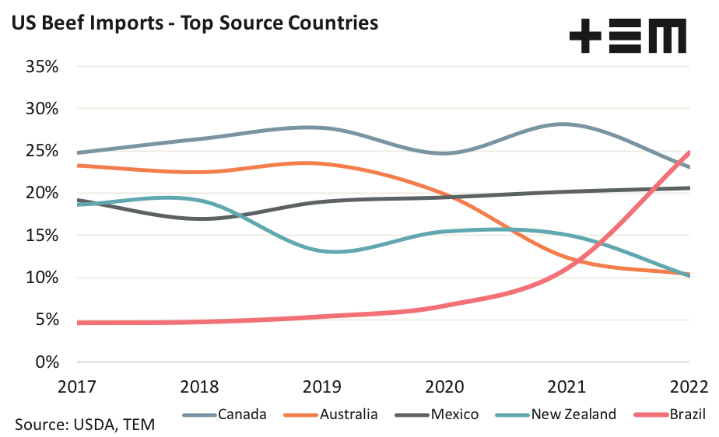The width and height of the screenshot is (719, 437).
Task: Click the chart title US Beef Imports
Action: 195,23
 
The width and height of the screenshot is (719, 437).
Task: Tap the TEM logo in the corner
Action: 627,37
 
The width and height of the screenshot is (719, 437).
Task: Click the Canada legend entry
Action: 242,414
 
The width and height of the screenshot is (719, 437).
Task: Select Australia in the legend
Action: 349,414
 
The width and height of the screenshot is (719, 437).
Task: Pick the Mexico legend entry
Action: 454,414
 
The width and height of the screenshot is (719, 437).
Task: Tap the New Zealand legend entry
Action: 573,414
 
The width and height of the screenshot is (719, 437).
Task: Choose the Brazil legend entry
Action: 685,414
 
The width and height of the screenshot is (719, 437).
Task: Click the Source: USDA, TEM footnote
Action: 84,425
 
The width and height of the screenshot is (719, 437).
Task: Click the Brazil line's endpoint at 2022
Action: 689,152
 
